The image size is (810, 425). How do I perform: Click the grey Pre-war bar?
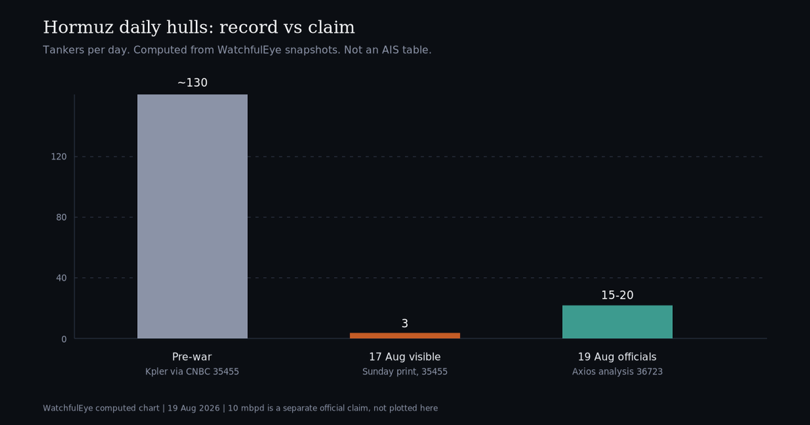pos(192,217)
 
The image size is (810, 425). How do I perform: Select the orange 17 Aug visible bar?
pos(404,336)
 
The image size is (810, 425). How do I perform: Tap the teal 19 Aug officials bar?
pos(617,322)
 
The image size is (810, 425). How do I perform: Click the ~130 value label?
pos(192,83)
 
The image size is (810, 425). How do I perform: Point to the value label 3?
pos(404,323)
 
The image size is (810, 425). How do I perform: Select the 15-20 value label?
pos(617,295)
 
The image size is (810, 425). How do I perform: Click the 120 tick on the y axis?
pos(59,157)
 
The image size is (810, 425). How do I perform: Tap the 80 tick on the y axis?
pos(61,217)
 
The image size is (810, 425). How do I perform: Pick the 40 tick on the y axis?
pos(61,278)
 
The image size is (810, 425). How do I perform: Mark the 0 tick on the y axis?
pos(64,339)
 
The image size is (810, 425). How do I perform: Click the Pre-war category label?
pos(192,357)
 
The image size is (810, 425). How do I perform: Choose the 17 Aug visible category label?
pos(404,357)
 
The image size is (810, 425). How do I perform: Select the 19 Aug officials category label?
pos(617,357)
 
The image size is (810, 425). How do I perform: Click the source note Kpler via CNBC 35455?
pos(192,372)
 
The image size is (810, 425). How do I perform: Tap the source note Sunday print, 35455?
pos(404,372)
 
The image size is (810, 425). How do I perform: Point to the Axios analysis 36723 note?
pos(617,372)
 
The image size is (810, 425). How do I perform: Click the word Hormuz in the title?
pos(78,28)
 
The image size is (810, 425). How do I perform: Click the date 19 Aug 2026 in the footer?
pos(194,408)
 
